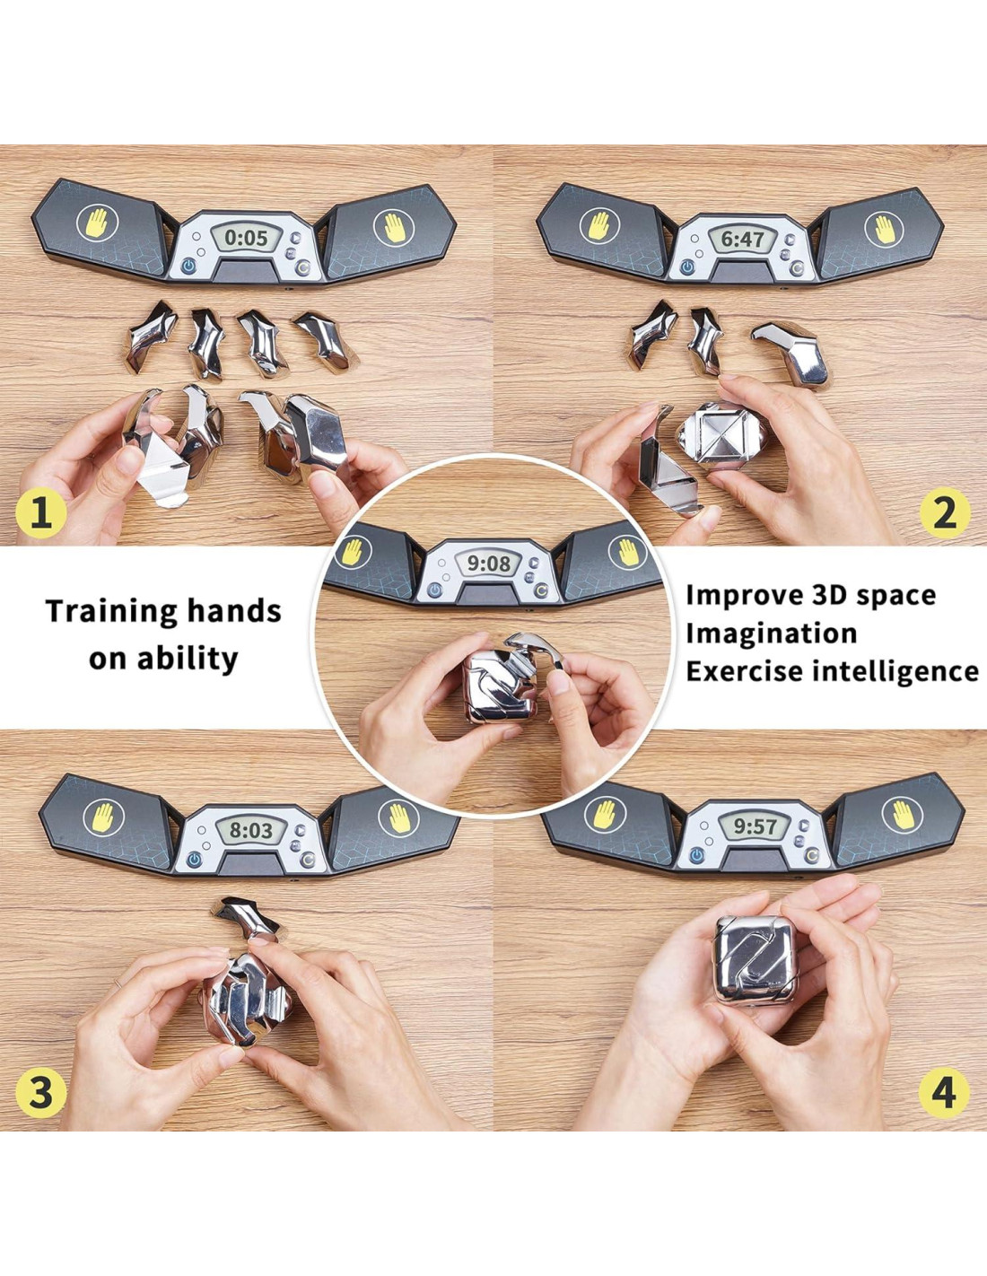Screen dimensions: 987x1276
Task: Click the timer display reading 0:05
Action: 246,237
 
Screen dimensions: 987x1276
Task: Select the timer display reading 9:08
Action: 488,564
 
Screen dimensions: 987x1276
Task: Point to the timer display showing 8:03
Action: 251,830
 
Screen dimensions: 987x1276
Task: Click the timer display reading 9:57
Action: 756,827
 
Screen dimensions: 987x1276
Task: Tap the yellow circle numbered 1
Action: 40,513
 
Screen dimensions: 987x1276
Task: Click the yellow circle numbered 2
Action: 944,513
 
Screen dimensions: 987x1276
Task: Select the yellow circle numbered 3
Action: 40,1093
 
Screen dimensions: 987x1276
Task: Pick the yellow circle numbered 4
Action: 944,1093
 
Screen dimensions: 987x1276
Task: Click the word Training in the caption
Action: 106,612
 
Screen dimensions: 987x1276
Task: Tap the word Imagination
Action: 771,634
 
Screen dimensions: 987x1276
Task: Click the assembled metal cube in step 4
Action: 756,960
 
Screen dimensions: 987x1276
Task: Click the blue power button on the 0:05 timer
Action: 188,267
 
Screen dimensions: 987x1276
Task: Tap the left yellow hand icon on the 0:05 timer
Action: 98,223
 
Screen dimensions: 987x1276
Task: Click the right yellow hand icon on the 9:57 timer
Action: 903,815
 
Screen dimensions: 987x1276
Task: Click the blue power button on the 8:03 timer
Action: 194,860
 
